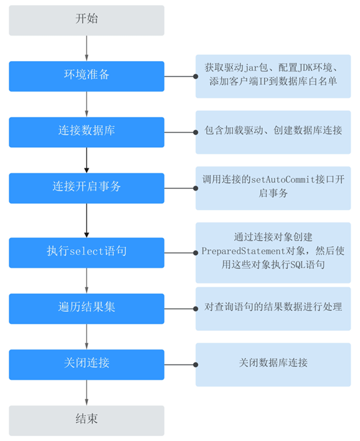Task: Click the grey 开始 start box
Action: point(87,21)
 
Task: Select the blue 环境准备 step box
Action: point(87,76)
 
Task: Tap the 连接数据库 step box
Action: point(87,132)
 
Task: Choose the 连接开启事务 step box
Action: point(87,188)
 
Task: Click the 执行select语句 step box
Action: point(87,252)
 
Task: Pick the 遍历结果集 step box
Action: point(87,308)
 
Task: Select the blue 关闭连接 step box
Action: point(87,364)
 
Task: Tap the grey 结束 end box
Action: point(87,420)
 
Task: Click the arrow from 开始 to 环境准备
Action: point(87,49)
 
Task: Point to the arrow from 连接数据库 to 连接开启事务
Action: point(87,160)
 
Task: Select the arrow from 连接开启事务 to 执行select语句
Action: point(87,220)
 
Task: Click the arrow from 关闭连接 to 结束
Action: point(87,392)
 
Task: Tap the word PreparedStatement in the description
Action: point(244,251)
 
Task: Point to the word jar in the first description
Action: point(251,68)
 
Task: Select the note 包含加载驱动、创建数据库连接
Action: point(273,130)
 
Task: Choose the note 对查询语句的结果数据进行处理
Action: point(273,306)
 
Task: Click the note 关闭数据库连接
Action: point(273,363)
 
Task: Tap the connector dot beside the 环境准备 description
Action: point(196,76)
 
